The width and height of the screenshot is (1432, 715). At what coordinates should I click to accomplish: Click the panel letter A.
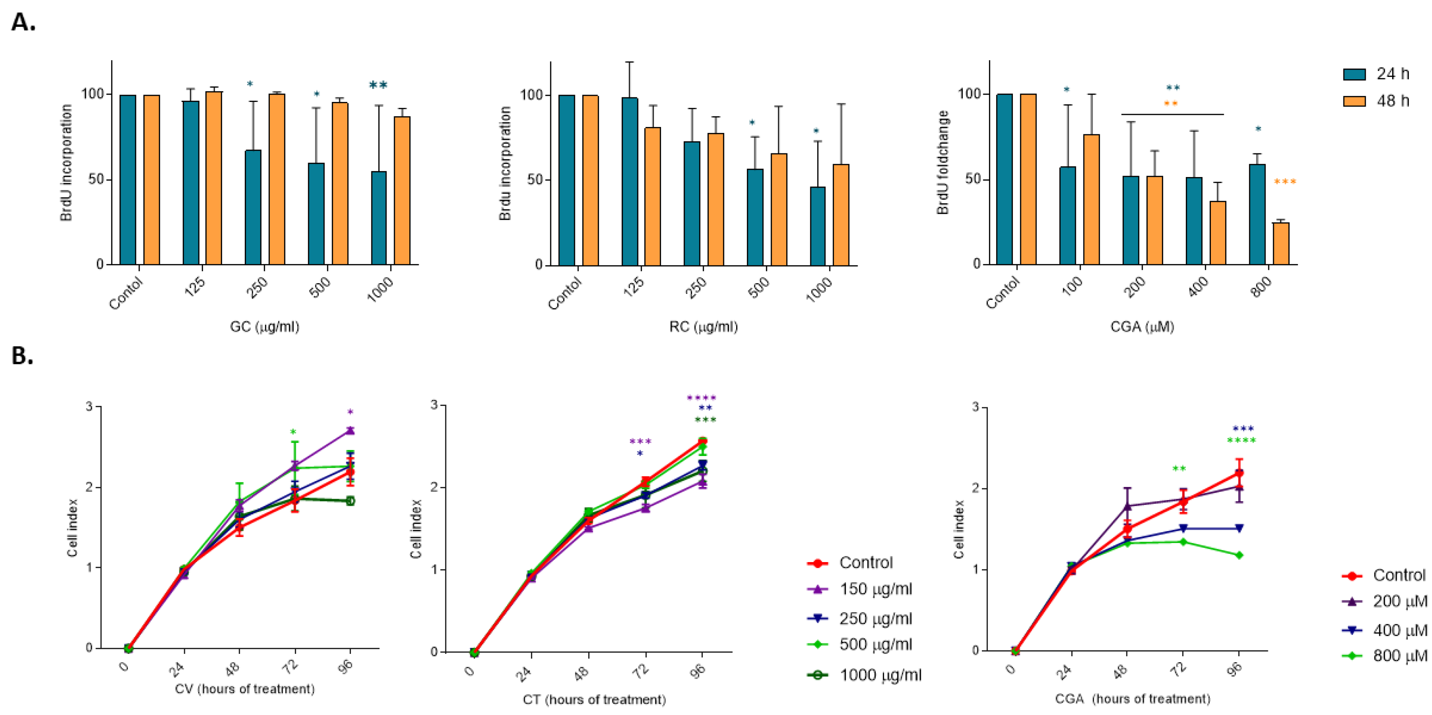tap(23, 22)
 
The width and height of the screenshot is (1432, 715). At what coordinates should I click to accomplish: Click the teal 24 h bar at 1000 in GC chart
tap(379, 218)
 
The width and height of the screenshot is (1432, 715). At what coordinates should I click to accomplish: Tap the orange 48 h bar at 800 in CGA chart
tap(1280, 243)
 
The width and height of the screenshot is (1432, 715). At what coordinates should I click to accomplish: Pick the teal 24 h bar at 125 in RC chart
tap(630, 181)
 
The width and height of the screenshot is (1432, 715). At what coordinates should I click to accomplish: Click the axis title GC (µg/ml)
tap(265, 327)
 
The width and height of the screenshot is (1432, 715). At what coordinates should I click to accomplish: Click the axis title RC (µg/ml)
tap(703, 327)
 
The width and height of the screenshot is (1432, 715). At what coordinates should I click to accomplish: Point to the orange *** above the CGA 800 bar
tap(1285, 182)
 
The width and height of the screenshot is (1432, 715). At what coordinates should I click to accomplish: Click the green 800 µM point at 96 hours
tap(1239, 555)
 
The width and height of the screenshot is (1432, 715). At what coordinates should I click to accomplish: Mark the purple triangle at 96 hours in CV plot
tap(350, 430)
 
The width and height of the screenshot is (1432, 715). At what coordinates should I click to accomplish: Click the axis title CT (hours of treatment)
tap(594, 699)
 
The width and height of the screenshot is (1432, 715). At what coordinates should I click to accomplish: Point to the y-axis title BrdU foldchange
tap(943, 162)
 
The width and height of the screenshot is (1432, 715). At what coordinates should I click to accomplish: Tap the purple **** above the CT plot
tap(701, 398)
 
